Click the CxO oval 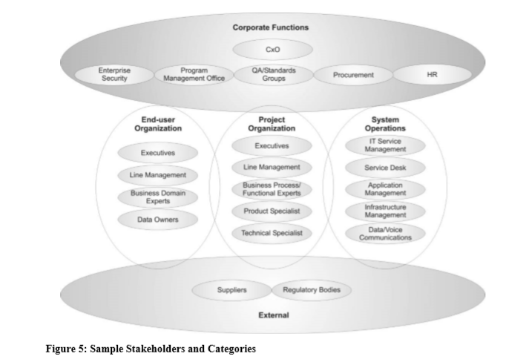(271, 50)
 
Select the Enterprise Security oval (114, 74)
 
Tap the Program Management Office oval (194, 74)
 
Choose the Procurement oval (353, 75)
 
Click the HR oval (433, 75)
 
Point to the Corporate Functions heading (271, 27)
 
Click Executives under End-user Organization (158, 154)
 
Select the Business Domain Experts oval (158, 197)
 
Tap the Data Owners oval (158, 220)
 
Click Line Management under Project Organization (271, 168)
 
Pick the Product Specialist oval (271, 211)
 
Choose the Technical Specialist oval (271, 234)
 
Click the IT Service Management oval (385, 145)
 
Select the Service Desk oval (385, 168)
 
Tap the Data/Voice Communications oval (385, 234)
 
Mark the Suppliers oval (231, 290)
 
